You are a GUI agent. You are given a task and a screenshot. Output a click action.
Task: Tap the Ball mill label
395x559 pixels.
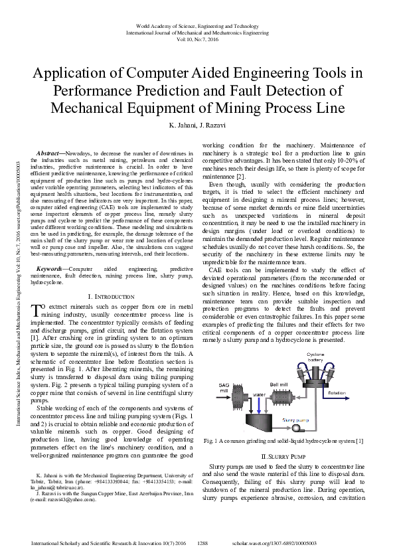point(279,384)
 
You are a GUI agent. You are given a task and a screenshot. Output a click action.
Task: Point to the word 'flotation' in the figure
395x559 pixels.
point(337,394)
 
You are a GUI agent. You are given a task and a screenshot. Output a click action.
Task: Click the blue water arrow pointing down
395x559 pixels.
point(259,402)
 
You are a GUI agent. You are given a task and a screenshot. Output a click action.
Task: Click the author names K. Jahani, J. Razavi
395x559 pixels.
point(197,125)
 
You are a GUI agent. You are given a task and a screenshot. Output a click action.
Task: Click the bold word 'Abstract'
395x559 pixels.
point(48,152)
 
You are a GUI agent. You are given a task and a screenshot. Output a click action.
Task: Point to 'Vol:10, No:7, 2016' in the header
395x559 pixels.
point(197,40)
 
